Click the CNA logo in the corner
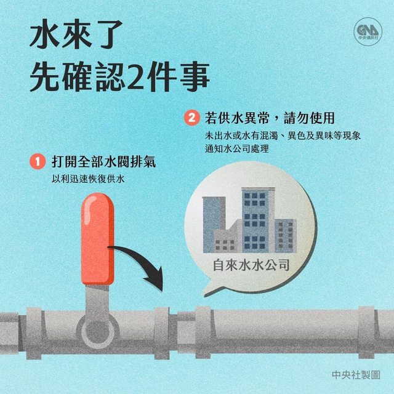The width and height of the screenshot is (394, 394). [x=368, y=31]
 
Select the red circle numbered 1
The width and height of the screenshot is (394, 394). [x=38, y=161]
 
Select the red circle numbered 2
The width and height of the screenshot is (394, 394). [x=191, y=118]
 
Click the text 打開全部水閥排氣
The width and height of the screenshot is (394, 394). [x=104, y=161]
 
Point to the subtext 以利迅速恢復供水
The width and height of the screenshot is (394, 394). [x=88, y=179]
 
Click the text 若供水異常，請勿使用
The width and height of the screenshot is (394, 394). [x=270, y=118]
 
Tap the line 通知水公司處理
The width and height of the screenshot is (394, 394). [x=236, y=148]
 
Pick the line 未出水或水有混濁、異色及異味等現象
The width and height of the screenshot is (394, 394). [x=283, y=135]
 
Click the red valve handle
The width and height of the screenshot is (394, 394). [x=97, y=238]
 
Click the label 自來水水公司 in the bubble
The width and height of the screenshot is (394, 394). [x=251, y=265]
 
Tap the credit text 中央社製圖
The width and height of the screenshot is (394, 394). [x=356, y=375]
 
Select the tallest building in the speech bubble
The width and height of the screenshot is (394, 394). [x=258, y=220]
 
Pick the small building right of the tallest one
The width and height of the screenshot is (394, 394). [x=286, y=236]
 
